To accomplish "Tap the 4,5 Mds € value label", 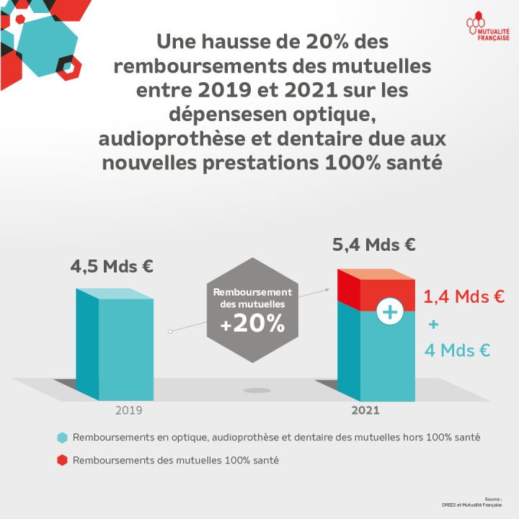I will (112, 266).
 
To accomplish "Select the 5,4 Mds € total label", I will (373, 244).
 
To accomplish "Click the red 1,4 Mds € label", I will (463, 296).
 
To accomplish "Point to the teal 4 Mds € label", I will (457, 351).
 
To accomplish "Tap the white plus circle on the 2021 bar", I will (389, 311).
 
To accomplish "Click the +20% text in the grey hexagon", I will (252, 324).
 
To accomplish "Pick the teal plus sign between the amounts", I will (433, 324).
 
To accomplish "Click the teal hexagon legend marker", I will (63, 438).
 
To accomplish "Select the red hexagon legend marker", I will (63, 460).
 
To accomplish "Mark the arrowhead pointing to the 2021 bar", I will (326, 290).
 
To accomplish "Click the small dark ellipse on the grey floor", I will (256, 391).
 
